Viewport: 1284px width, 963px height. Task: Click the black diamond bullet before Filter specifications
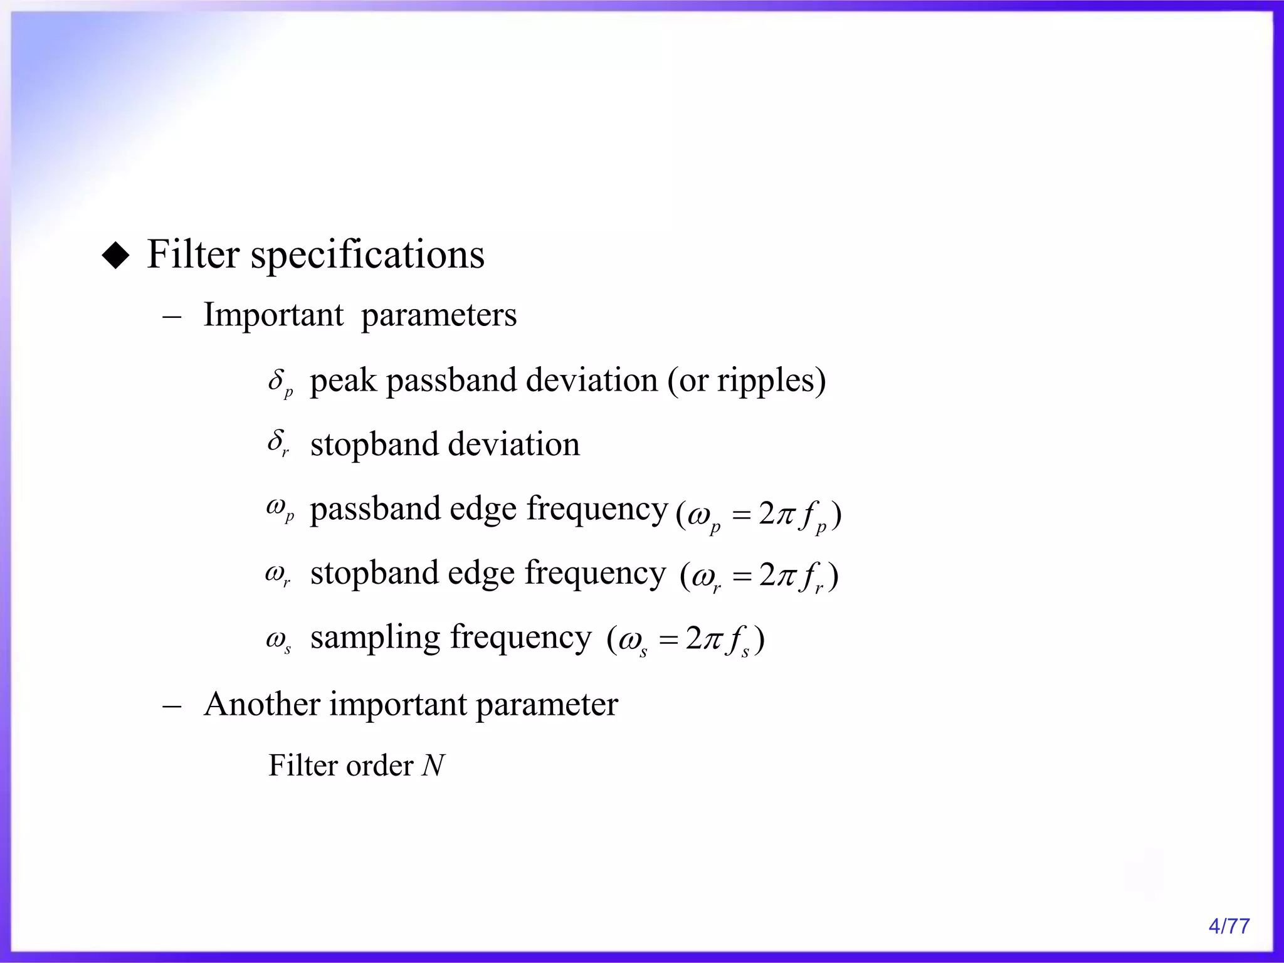[x=115, y=256]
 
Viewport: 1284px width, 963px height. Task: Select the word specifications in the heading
[x=367, y=256]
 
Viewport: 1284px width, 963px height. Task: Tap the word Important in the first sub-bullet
[x=273, y=315]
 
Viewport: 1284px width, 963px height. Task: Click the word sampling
[x=376, y=638]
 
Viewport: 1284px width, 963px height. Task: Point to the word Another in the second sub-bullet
[x=262, y=704]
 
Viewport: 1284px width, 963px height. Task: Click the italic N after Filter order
[x=433, y=766]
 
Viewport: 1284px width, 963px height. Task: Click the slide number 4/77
[x=1228, y=926]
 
